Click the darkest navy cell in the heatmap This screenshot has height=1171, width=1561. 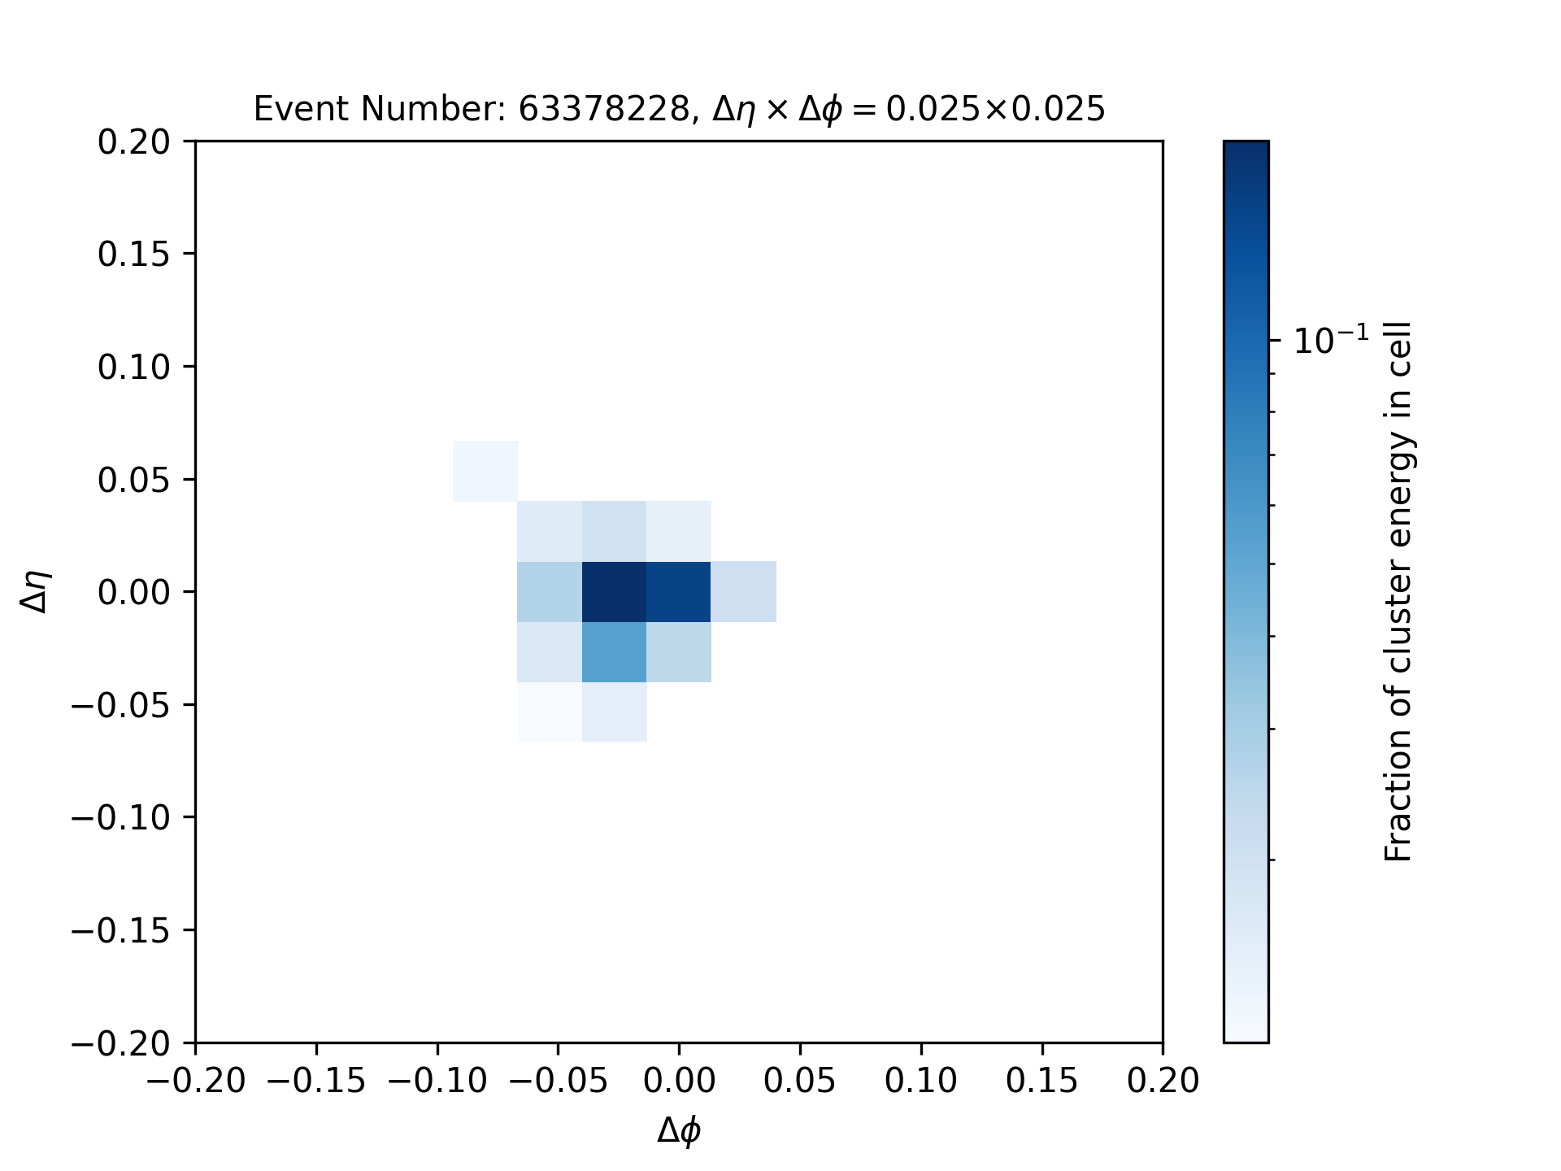tap(615, 592)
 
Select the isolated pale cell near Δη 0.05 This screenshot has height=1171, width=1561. tap(485, 471)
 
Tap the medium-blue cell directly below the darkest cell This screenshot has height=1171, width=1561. tap(615, 652)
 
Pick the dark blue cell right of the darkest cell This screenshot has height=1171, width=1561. tap(679, 592)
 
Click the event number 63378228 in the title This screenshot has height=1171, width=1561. tap(603, 109)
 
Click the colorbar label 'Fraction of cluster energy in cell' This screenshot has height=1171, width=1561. tap(1398, 592)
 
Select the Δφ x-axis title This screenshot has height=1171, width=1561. tap(679, 1130)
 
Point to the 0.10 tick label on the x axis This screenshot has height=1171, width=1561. tap(921, 1082)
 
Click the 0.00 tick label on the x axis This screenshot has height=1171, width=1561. tap(679, 1082)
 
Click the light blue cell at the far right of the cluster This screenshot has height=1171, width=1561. tap(744, 592)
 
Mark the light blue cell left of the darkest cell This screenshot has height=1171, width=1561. tap(550, 592)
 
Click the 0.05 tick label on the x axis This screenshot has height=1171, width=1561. tap(800, 1082)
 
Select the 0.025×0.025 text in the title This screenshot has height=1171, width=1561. tap(995, 109)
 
